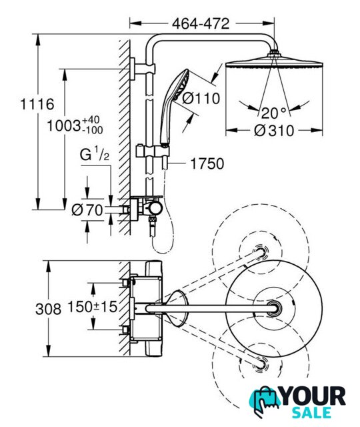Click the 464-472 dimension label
pos(201,24)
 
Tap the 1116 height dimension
pos(37,104)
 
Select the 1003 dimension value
pos(64,126)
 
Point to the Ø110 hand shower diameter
pos(201,98)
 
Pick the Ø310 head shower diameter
pos(274,131)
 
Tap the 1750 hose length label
pos(207,163)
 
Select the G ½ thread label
pos(95,154)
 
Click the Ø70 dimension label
pos(87,210)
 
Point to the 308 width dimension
pos(48,310)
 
